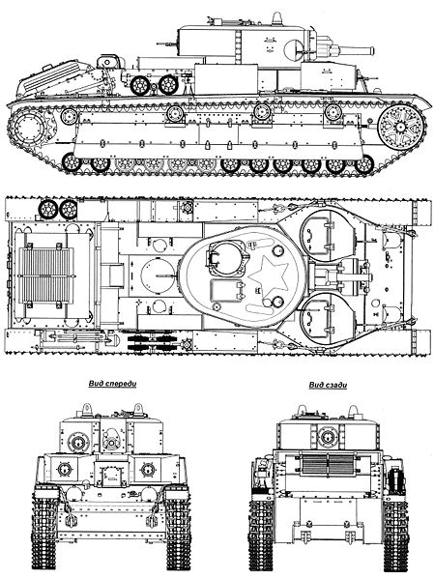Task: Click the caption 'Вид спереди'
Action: pos(113,384)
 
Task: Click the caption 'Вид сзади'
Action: pos(328,385)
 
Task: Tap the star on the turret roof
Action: pos(268,275)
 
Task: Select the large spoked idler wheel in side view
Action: pos(401,127)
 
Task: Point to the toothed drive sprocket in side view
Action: pos(32,129)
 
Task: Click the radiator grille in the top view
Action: pos(46,275)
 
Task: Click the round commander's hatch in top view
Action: pos(226,258)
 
